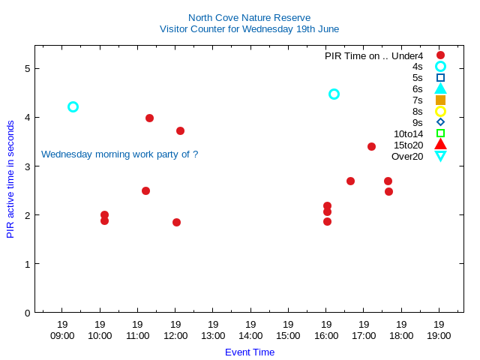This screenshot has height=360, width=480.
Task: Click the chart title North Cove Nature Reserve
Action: pos(249,17)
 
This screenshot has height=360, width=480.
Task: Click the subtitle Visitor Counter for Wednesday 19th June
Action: pos(249,29)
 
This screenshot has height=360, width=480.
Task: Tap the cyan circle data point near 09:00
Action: pos(73,106)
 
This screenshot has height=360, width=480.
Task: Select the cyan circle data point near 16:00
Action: pos(334,94)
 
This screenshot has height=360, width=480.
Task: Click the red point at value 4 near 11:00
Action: pos(149,118)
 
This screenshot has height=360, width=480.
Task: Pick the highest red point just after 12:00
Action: pos(180,130)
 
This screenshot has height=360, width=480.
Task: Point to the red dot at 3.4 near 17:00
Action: pos(371,146)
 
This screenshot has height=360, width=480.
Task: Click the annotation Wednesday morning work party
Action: pos(119,154)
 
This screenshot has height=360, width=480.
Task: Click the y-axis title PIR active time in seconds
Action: pos(10,178)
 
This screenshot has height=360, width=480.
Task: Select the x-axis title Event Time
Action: pos(250,352)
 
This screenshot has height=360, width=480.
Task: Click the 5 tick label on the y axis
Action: pos(27,68)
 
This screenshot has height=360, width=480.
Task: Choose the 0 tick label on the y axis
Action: pos(27,313)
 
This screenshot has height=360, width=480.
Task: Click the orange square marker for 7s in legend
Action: pos(440,100)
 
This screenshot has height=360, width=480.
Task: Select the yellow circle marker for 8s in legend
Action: pos(440,111)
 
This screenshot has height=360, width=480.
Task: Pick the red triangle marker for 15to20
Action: pos(440,144)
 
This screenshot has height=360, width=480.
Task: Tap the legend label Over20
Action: pos(407,156)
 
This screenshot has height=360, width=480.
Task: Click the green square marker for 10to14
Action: pos(440,133)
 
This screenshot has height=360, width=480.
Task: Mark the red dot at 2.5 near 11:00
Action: pos(145,190)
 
